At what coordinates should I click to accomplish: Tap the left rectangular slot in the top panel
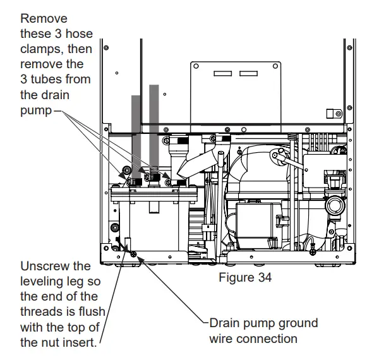[x=222, y=74]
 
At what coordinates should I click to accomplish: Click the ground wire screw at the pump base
[x=133, y=253]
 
